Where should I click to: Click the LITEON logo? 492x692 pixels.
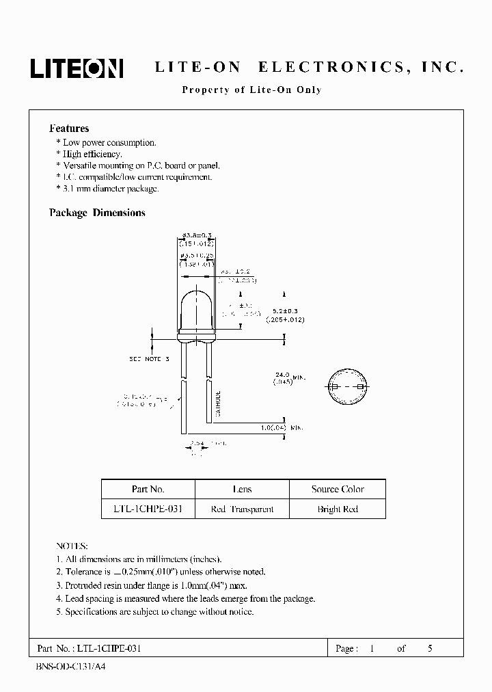77,68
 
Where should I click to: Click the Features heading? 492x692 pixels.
69,129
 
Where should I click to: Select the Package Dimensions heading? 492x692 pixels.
97,213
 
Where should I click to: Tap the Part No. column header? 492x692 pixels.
148,489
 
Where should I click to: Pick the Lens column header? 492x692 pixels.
242,489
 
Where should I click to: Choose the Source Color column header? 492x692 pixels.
338,489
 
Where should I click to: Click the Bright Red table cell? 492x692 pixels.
338,509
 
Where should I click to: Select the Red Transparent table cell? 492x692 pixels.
242,509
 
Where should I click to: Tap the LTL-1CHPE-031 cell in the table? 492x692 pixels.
148,509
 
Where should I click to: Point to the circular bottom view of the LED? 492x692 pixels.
346,387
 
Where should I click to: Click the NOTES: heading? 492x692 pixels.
72,546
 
